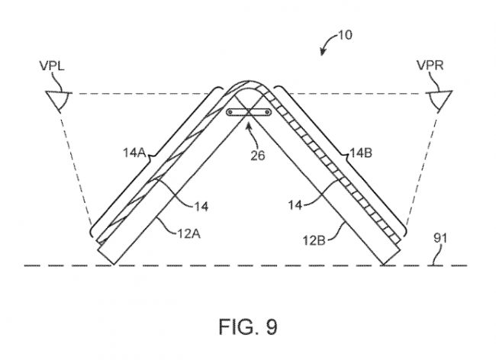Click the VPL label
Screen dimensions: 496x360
[x=52, y=66]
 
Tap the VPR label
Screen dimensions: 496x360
[x=430, y=66]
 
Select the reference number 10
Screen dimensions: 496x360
[x=345, y=35]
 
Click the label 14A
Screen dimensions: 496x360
[x=134, y=153]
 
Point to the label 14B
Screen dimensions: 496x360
[x=361, y=153]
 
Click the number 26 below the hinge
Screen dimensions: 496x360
[x=257, y=155]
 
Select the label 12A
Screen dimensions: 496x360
[x=188, y=234]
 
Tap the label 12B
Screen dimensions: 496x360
[x=314, y=241]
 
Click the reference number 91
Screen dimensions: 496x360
[x=440, y=238]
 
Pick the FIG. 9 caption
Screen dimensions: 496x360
[x=248, y=326]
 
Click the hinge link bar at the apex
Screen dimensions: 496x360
[x=249, y=112]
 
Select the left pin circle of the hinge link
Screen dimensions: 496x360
[x=230, y=112]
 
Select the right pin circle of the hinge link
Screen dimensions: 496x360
[x=268, y=112]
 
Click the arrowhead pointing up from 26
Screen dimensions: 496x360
[x=249, y=127]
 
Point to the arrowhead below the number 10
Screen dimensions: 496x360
[x=322, y=52]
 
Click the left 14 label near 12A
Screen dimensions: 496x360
[x=201, y=207]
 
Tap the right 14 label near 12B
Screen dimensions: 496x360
[x=295, y=205]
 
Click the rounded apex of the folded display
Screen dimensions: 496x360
[x=248, y=83]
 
